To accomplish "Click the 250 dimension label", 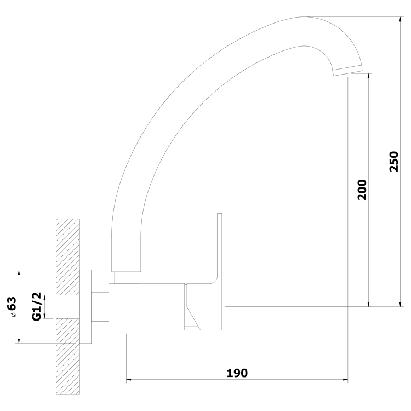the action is [x=393, y=161].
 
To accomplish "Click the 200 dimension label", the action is [x=362, y=190].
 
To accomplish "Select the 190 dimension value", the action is [x=237, y=373].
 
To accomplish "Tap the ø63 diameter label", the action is [x=12, y=307].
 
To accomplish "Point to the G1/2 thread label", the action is [x=36, y=306].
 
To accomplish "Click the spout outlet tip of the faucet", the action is [x=347, y=71].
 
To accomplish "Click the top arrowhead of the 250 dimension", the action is [x=400, y=20].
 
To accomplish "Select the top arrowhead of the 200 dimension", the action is [x=369, y=77].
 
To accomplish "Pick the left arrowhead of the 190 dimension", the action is [x=130, y=379].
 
